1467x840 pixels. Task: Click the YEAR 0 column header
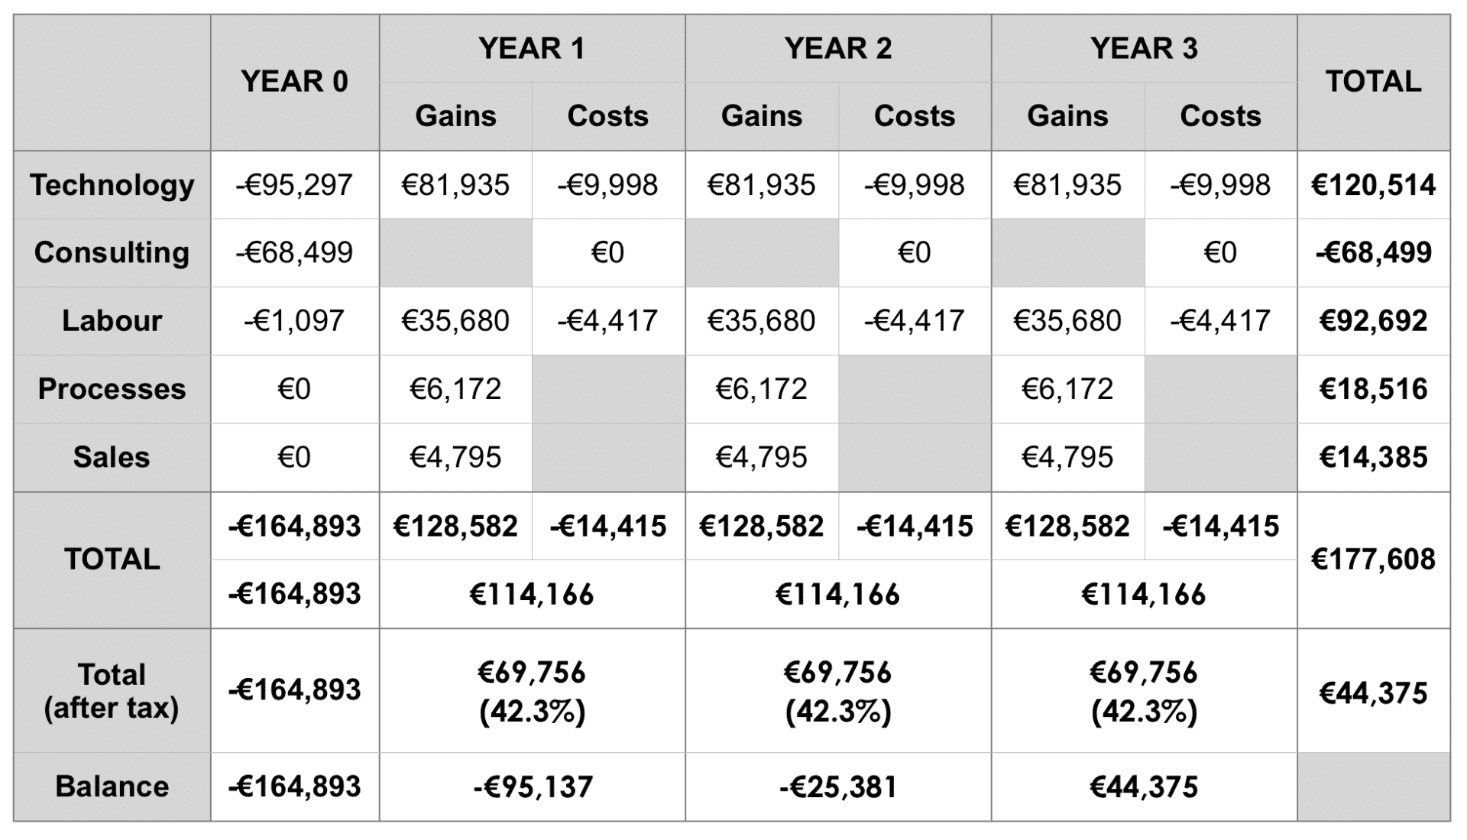294,82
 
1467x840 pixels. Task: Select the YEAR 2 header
837,48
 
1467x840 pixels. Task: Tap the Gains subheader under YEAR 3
1067,116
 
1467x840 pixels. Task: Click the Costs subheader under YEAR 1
607,116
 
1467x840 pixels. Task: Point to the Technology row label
112,185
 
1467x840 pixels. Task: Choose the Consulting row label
112,252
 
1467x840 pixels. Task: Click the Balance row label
112,786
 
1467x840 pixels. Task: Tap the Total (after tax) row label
112,691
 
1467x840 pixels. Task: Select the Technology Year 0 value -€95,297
294,185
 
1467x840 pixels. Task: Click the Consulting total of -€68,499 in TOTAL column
1373,252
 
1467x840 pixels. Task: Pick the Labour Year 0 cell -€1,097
294,320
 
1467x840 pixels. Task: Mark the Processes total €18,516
1373,389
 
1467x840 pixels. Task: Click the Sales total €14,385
1373,457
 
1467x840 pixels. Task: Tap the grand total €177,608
1373,559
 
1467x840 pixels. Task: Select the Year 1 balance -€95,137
533,786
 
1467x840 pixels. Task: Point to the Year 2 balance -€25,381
837,786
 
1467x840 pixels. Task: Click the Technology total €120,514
1373,185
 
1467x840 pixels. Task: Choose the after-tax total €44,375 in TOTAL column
1373,692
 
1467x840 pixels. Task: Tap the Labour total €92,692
1373,320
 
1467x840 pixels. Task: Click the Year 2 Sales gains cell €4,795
761,457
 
